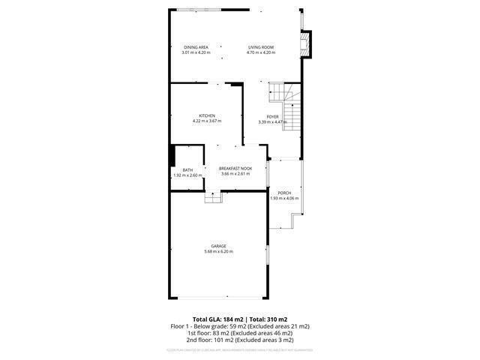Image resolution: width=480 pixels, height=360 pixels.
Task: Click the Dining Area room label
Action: click(196, 47)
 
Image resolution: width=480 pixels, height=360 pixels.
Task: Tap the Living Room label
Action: click(261, 47)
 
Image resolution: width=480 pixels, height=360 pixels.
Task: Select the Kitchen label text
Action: click(207, 115)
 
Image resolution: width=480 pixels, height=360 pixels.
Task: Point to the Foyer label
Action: click(272, 116)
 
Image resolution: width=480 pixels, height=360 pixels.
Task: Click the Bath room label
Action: click(187, 169)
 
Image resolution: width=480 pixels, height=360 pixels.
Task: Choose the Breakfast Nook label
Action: click(235, 169)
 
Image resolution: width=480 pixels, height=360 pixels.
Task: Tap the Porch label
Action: click(284, 193)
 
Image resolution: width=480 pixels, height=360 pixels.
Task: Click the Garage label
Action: click(218, 246)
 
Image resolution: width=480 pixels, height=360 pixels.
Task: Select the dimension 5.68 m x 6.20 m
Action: click(218, 251)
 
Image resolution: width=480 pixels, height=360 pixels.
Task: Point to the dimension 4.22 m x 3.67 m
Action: click(207, 121)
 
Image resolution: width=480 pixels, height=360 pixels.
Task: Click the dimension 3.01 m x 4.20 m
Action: click(196, 52)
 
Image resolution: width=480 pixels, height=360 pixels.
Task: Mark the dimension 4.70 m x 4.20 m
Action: click(261, 52)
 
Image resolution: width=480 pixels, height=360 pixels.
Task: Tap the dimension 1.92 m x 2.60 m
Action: click(187, 175)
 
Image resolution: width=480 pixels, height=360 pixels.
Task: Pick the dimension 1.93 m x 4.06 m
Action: click(284, 198)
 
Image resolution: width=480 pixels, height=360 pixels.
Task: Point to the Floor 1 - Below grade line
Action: click(240, 326)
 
